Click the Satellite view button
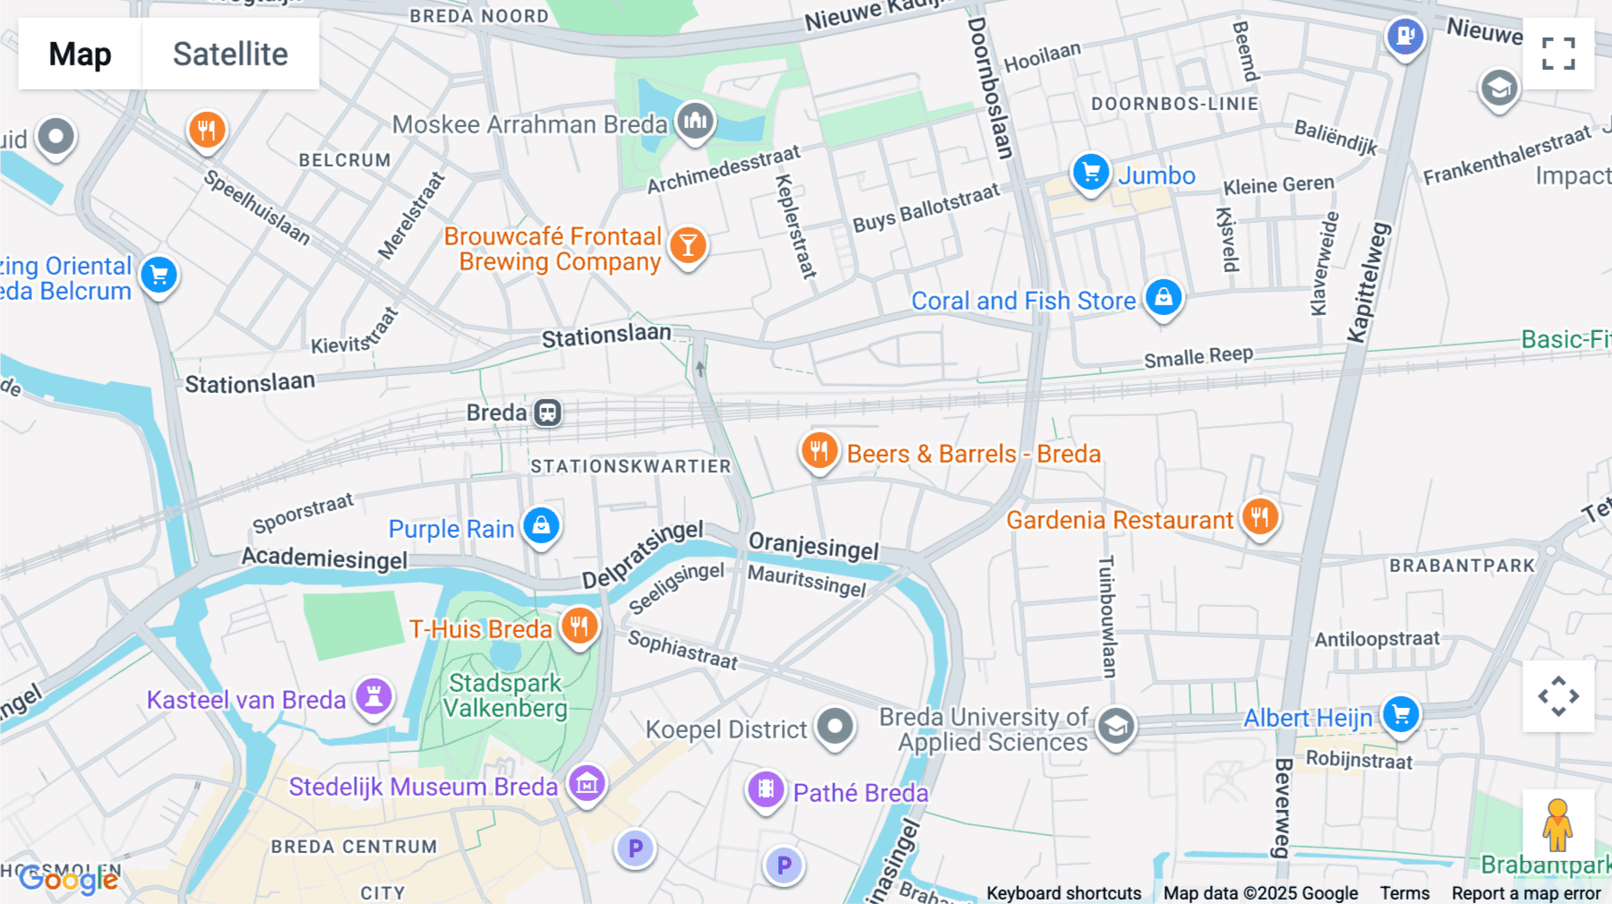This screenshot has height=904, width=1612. click(230, 54)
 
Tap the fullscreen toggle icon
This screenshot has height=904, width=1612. click(1558, 54)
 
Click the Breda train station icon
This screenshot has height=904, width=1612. click(548, 413)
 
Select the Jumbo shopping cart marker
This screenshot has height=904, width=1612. click(1091, 171)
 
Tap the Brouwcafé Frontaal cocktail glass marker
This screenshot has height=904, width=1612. click(688, 244)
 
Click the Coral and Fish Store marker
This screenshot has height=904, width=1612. click(1163, 296)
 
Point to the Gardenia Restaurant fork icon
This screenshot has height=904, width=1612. click(1259, 516)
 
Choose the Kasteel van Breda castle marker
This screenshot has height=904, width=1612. click(374, 695)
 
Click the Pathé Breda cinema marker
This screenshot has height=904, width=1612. click(766, 789)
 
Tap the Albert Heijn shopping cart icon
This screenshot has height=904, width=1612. click(1401, 714)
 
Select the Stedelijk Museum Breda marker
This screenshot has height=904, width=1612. click(587, 784)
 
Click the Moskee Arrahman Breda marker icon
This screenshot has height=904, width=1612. click(695, 120)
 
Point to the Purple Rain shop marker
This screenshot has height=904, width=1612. click(541, 525)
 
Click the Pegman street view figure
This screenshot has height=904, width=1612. click(1557, 824)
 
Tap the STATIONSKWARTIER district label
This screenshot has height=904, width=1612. click(630, 466)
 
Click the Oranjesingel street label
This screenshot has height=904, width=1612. click(813, 545)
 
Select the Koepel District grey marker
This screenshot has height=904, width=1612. click(835, 726)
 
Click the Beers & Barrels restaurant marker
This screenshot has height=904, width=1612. click(819, 450)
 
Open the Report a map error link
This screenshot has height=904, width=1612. click(1525, 893)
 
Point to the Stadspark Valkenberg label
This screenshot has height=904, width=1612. click(505, 695)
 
